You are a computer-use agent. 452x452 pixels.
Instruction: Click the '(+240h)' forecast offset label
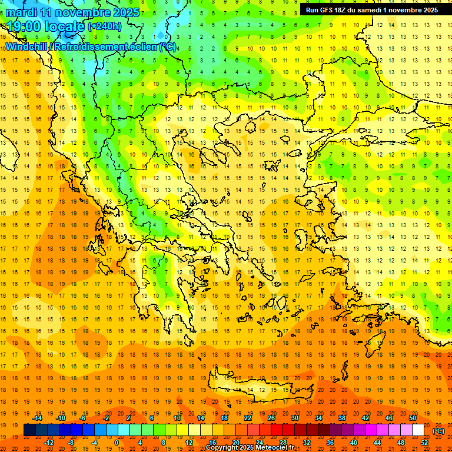(105, 26)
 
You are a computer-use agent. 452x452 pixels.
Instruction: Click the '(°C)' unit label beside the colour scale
(438, 431)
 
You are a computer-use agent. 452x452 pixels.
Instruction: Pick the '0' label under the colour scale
(117, 443)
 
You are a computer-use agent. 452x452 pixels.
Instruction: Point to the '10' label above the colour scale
(177, 418)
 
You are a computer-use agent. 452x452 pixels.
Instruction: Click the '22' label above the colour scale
(248, 418)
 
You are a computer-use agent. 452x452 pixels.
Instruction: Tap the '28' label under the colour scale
(283, 443)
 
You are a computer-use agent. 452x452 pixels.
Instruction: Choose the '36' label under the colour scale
(330, 443)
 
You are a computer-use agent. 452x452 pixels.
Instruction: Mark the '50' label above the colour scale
(413, 418)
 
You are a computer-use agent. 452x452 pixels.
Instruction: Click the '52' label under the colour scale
(424, 443)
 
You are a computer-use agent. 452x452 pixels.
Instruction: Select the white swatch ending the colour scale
(418, 430)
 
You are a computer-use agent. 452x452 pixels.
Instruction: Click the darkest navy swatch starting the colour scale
(29, 430)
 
